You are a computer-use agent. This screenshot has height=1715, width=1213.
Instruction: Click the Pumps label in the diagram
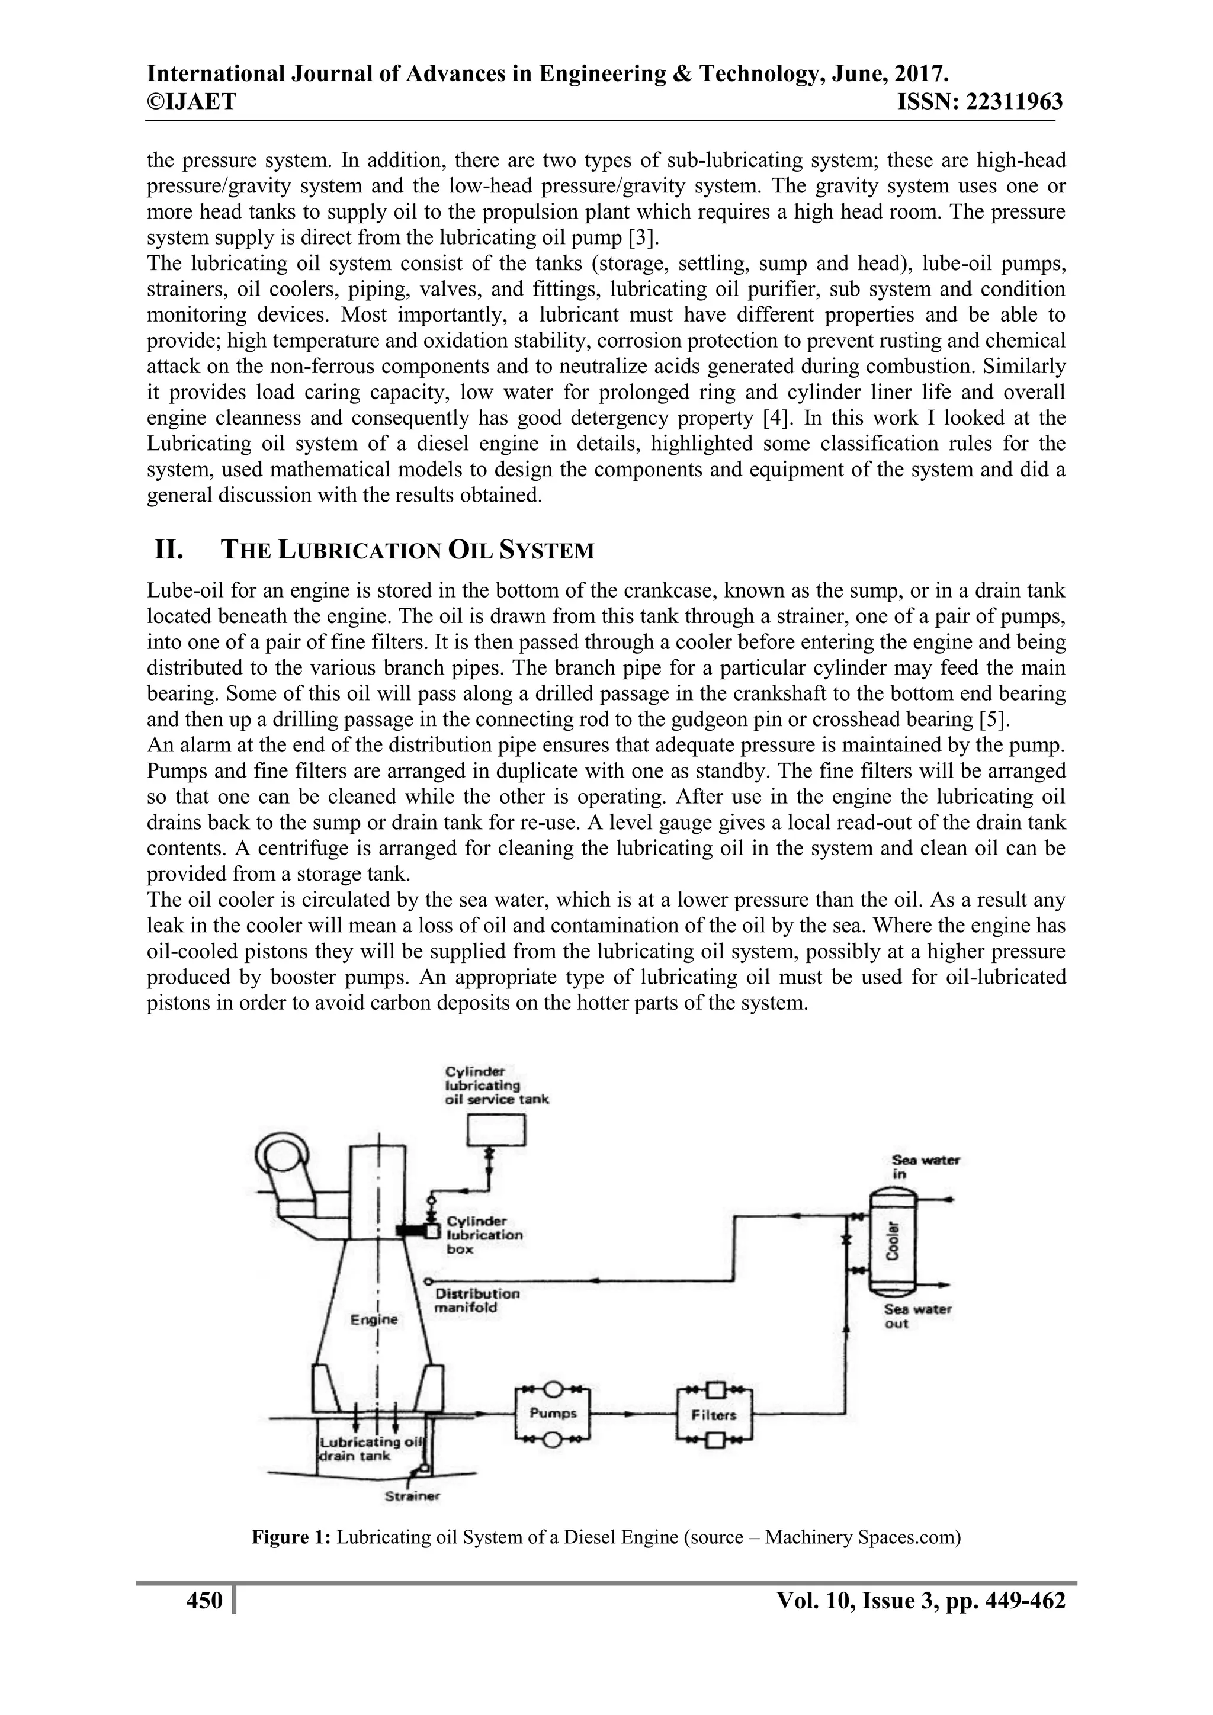click(553, 1412)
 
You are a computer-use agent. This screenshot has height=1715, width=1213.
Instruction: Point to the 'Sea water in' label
click(925, 1167)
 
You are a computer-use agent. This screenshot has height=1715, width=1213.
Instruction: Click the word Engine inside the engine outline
click(374, 1319)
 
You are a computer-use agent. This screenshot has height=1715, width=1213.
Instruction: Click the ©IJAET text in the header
click(191, 101)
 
